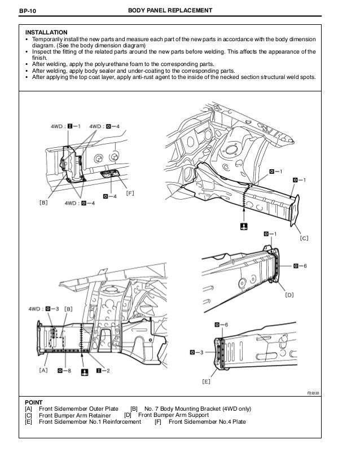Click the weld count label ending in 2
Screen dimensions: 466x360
point(103,371)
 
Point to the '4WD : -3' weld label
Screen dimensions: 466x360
point(45,309)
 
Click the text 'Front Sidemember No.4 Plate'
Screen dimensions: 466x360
point(207,423)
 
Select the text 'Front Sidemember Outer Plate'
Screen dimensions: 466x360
point(79,408)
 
